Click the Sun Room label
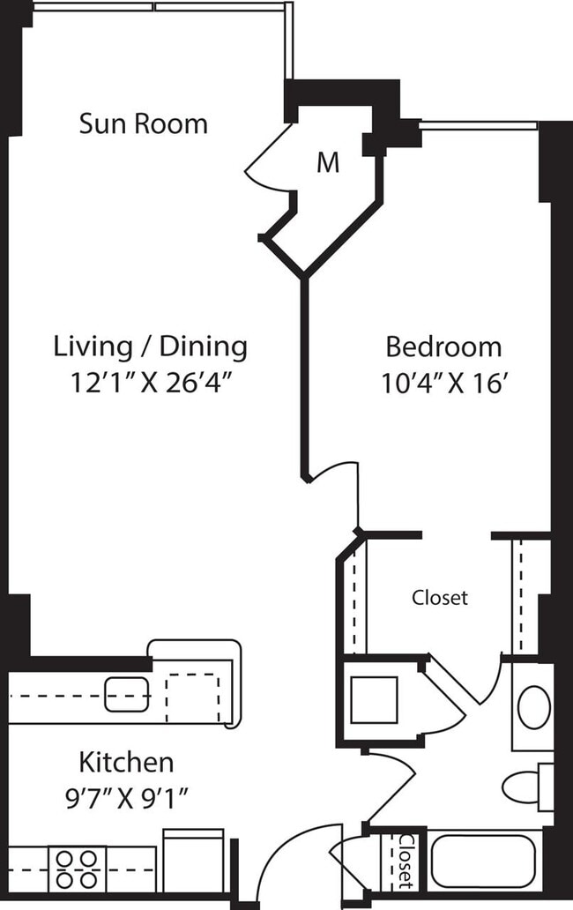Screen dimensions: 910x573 [x=144, y=123]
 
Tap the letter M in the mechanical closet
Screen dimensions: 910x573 [x=328, y=163]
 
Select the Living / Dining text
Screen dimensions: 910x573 [x=151, y=347]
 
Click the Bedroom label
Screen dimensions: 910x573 [x=443, y=347]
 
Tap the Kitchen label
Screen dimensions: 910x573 [x=126, y=761]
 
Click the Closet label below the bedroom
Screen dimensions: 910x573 [x=440, y=598]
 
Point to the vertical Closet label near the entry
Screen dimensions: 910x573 [x=405, y=861]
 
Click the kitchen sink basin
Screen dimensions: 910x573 [x=126, y=695]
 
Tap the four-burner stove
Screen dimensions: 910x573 [x=77, y=868]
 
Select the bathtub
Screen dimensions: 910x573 [x=482, y=862]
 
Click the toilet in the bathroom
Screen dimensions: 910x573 [x=525, y=785]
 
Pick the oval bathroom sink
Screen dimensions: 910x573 [x=533, y=707]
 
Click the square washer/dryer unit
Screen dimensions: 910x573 [x=374, y=699]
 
